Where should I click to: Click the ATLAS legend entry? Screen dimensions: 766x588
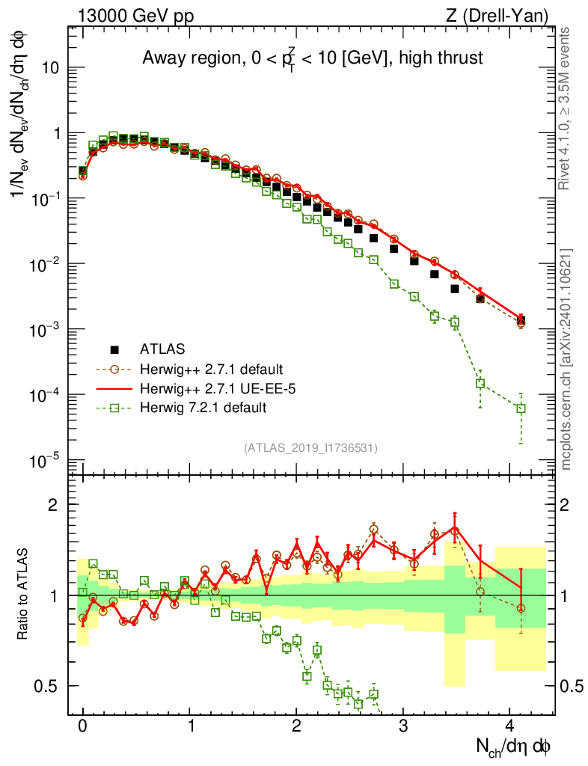coord(162,349)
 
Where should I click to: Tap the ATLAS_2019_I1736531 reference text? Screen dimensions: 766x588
coord(310,448)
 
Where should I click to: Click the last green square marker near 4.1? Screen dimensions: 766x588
coord(521,408)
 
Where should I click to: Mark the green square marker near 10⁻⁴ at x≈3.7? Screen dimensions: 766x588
coord(480,384)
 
